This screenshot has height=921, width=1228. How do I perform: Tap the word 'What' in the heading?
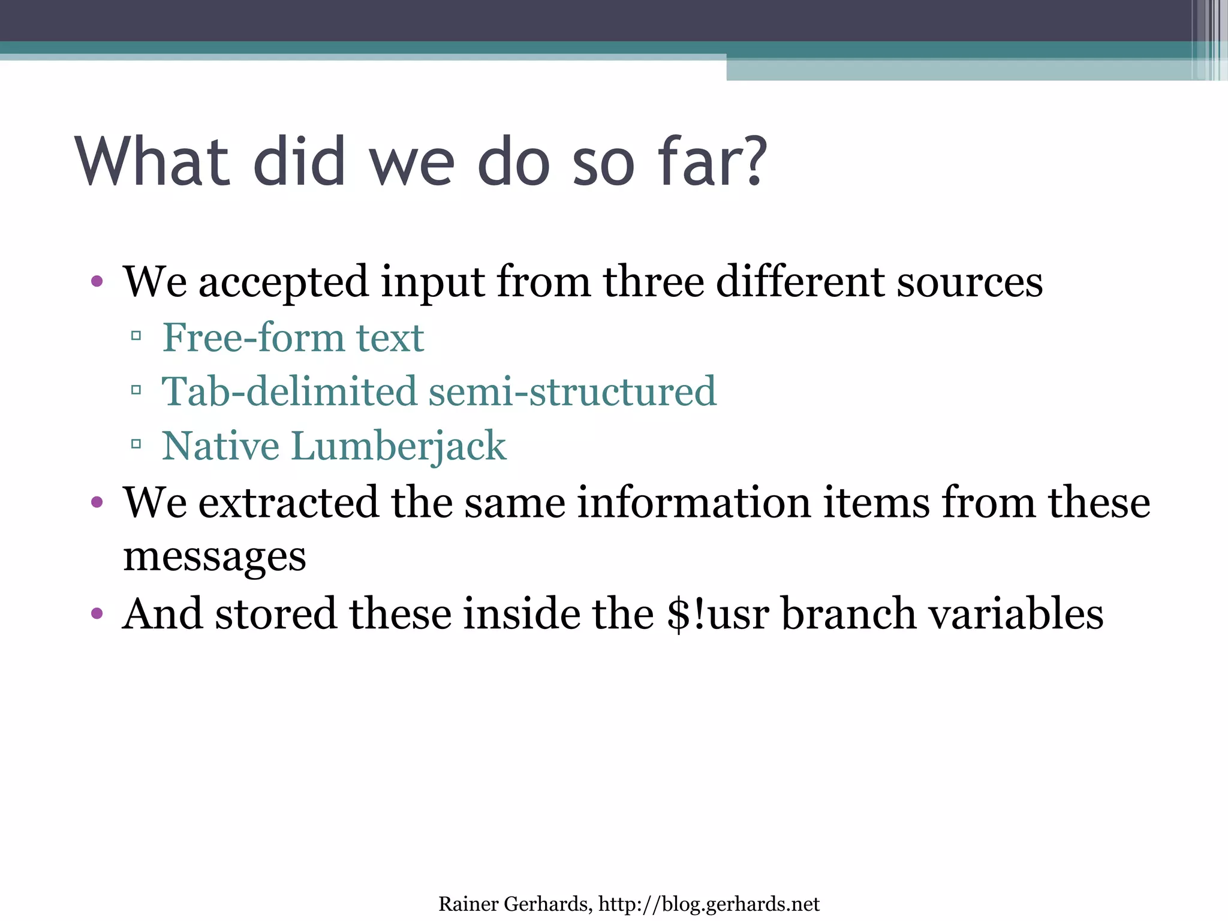[153, 160]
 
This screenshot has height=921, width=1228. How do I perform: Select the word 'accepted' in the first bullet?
[283, 282]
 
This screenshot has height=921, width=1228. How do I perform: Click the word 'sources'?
[970, 282]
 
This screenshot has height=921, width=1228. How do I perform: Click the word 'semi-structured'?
[573, 391]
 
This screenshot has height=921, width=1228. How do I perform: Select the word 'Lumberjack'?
[399, 447]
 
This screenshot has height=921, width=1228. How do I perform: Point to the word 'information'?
[694, 502]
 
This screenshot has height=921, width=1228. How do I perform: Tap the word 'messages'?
[214, 556]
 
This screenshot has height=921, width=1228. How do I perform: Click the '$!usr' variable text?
[717, 613]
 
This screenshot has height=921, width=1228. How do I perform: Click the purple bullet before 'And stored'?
[97, 613]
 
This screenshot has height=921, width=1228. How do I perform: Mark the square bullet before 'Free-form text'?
[136, 336]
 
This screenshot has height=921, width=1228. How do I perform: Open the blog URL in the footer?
[709, 904]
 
